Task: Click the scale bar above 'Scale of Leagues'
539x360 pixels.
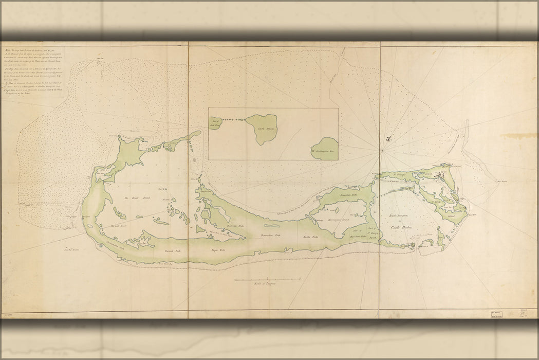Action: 267,279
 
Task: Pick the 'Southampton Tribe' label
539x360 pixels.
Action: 117,246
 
